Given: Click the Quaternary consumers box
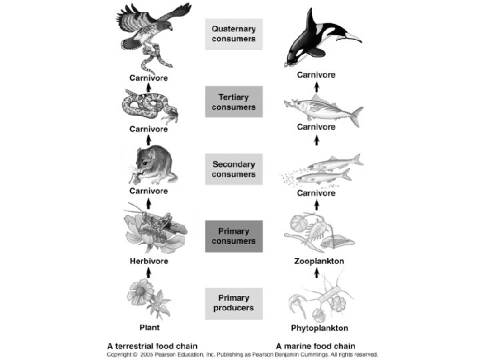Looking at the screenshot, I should click(233, 34).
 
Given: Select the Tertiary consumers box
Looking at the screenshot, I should click(233, 102).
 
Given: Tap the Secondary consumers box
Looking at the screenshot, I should click(233, 169).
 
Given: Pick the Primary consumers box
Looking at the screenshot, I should click(233, 237).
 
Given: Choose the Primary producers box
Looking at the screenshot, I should click(233, 303).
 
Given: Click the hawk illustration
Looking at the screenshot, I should click(151, 30).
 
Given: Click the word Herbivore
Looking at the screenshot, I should click(148, 261).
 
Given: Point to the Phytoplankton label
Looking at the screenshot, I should click(321, 328).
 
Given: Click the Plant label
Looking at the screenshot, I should click(148, 328).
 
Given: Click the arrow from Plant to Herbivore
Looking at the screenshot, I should click(148, 273).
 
